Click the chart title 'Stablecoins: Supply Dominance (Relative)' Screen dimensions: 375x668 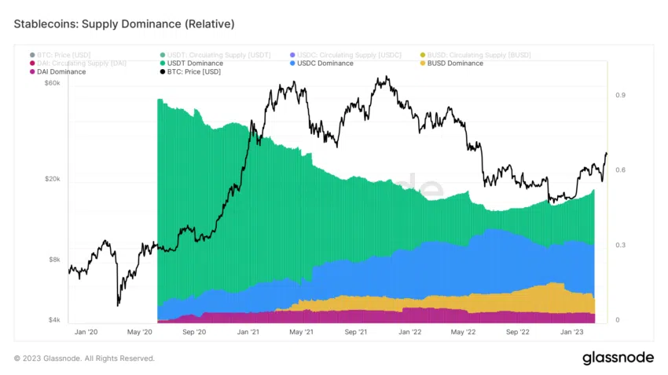124,24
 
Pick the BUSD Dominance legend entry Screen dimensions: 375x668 454,63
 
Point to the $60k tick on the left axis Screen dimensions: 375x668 51,83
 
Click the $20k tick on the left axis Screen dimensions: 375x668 51,180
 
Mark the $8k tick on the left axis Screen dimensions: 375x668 53,260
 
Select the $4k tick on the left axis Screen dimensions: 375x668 53,320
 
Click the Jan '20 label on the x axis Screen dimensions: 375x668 85,332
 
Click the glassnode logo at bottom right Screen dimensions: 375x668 618,358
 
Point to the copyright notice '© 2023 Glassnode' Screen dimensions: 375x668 84,359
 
